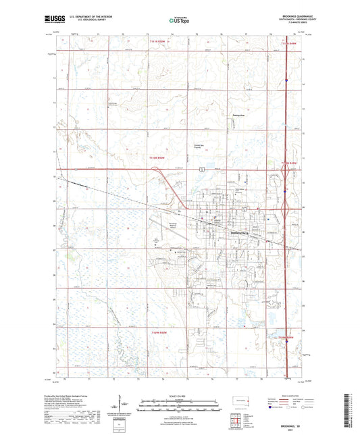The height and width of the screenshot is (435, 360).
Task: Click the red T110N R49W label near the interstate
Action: [288, 162]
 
